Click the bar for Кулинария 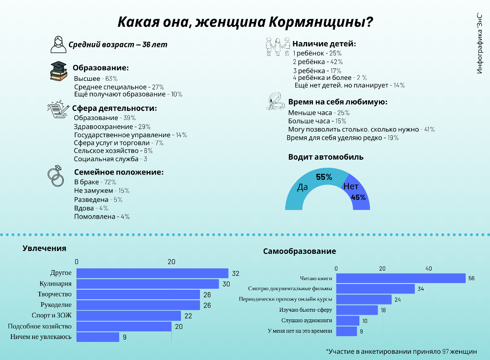coord(147,284)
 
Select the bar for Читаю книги coord(401,278)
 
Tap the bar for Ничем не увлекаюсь coord(98,337)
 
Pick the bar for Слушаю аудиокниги coord(347,321)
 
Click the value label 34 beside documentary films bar coord(421,289)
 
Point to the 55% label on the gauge coord(324,177)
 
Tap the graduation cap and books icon coord(58,71)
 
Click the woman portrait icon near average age coord(58,44)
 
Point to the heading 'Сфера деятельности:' coord(115,108)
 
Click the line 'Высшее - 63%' coord(96,78)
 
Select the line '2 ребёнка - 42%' coord(318,62)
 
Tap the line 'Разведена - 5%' coord(98,199)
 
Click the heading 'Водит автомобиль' coord(326,157)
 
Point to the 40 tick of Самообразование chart coord(428,269)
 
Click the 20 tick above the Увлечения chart coord(171,262)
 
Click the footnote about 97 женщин coord(401,351)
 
